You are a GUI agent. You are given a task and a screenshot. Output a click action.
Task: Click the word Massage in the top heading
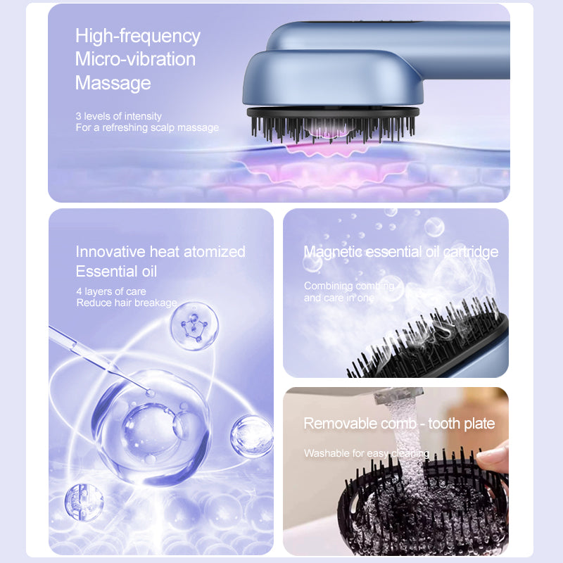point(113,83)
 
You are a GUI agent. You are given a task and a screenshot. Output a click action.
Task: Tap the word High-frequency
point(137,37)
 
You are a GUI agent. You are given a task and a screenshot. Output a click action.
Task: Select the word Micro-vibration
point(135,59)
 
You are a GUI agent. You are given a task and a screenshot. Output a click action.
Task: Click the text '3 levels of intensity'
point(118,116)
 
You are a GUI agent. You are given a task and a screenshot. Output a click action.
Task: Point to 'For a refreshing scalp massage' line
point(147,127)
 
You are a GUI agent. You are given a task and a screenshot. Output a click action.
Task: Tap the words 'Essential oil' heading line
point(116,271)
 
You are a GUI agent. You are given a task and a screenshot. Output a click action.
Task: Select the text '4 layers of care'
point(111,291)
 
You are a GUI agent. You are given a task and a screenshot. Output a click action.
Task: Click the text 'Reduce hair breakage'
point(127,303)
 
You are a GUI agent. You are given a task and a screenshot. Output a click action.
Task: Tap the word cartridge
point(471,252)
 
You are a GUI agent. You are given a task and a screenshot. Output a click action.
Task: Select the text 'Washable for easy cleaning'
point(367,453)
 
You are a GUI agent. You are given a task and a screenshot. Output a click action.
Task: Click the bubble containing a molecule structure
point(194,326)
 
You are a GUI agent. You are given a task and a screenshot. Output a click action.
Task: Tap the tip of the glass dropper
point(150,393)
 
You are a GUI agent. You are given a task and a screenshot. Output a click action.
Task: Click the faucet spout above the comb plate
point(398,395)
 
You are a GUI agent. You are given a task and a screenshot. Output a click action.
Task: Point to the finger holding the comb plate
point(494,456)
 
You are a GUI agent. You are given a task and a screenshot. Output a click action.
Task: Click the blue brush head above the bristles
point(332,78)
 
